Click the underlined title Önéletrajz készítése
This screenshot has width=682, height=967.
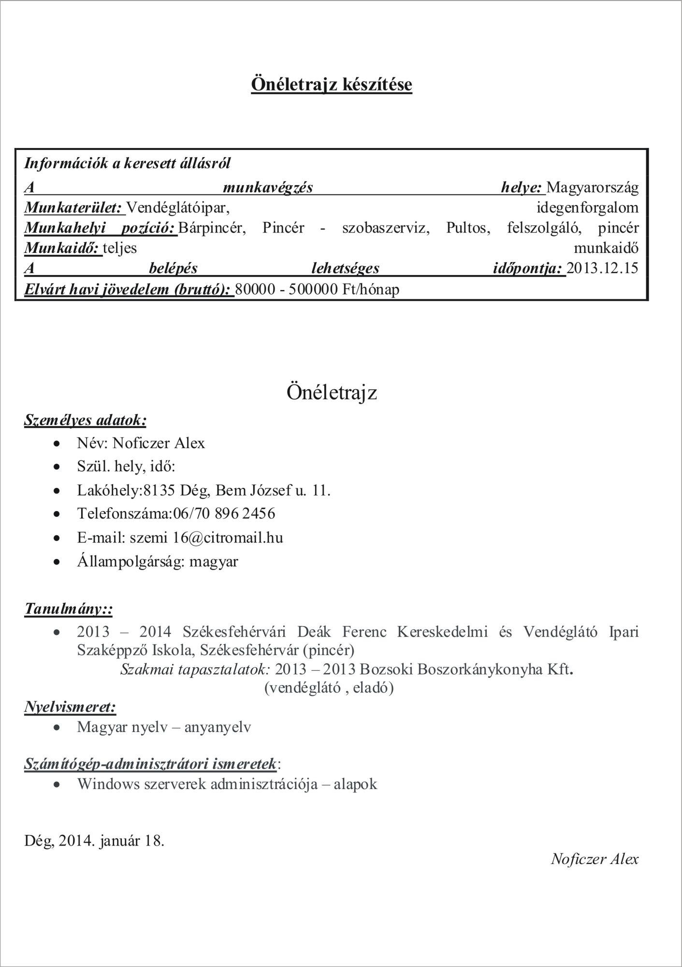[331, 85]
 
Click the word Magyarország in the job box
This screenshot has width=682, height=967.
[592, 187]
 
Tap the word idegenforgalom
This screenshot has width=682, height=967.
[587, 208]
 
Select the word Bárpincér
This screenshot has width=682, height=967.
[212, 228]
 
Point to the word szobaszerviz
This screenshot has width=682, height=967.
[386, 228]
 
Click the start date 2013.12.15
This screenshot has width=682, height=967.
[602, 268]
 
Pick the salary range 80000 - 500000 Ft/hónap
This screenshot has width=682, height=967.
[318, 290]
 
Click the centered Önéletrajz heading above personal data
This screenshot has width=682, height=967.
[332, 392]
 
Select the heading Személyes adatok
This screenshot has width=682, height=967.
[85, 420]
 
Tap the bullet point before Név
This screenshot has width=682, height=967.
[58, 443]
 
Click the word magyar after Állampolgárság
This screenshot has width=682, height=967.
[214, 562]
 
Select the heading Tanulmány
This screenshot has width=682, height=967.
[68, 609]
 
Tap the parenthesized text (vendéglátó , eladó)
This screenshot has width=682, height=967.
[329, 688]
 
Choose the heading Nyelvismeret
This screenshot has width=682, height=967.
[70, 707]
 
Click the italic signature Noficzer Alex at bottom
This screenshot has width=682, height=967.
[594, 859]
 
